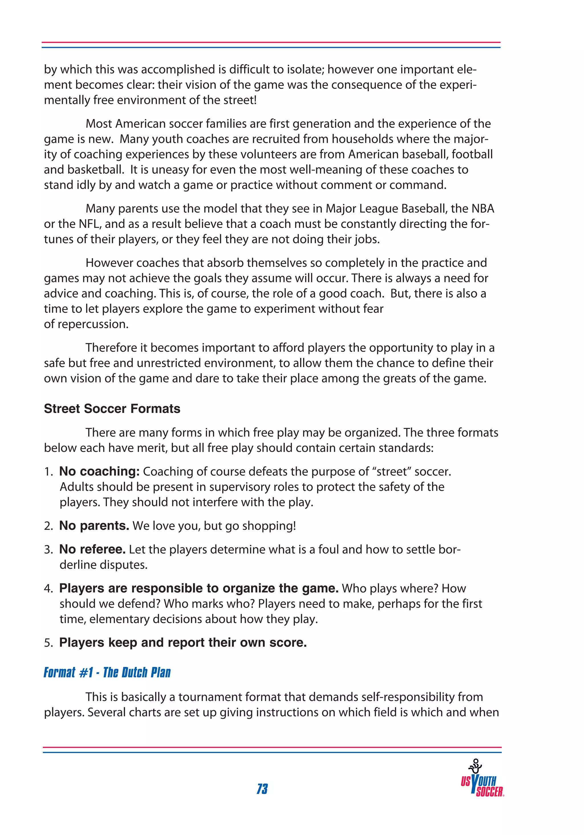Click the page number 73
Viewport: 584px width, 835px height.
pyautogui.click(x=262, y=789)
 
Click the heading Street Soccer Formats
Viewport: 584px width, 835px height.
pyautogui.click(x=112, y=409)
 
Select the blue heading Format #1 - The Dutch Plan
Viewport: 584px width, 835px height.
pyautogui.click(x=107, y=672)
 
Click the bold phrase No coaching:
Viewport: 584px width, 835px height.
pyautogui.click(x=99, y=471)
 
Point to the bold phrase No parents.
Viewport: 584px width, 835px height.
pyautogui.click(x=94, y=525)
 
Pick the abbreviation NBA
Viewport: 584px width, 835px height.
pyautogui.click(x=482, y=209)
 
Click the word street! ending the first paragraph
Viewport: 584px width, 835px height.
pyautogui.click(x=240, y=100)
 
